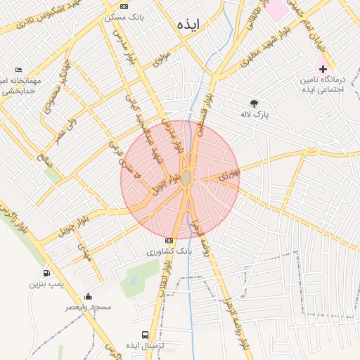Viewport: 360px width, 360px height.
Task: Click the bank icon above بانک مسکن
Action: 124,6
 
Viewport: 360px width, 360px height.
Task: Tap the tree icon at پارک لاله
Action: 254,103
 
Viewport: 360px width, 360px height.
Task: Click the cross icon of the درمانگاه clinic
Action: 323,69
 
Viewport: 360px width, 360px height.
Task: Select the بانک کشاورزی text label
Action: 169,251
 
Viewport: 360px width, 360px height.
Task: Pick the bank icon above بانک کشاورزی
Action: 168,240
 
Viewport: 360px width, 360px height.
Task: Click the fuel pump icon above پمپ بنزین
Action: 46,272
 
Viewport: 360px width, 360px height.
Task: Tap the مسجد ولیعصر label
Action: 89,307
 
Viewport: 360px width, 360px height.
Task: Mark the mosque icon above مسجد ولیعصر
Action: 88,296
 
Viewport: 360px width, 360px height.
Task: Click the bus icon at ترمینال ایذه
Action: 145,335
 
